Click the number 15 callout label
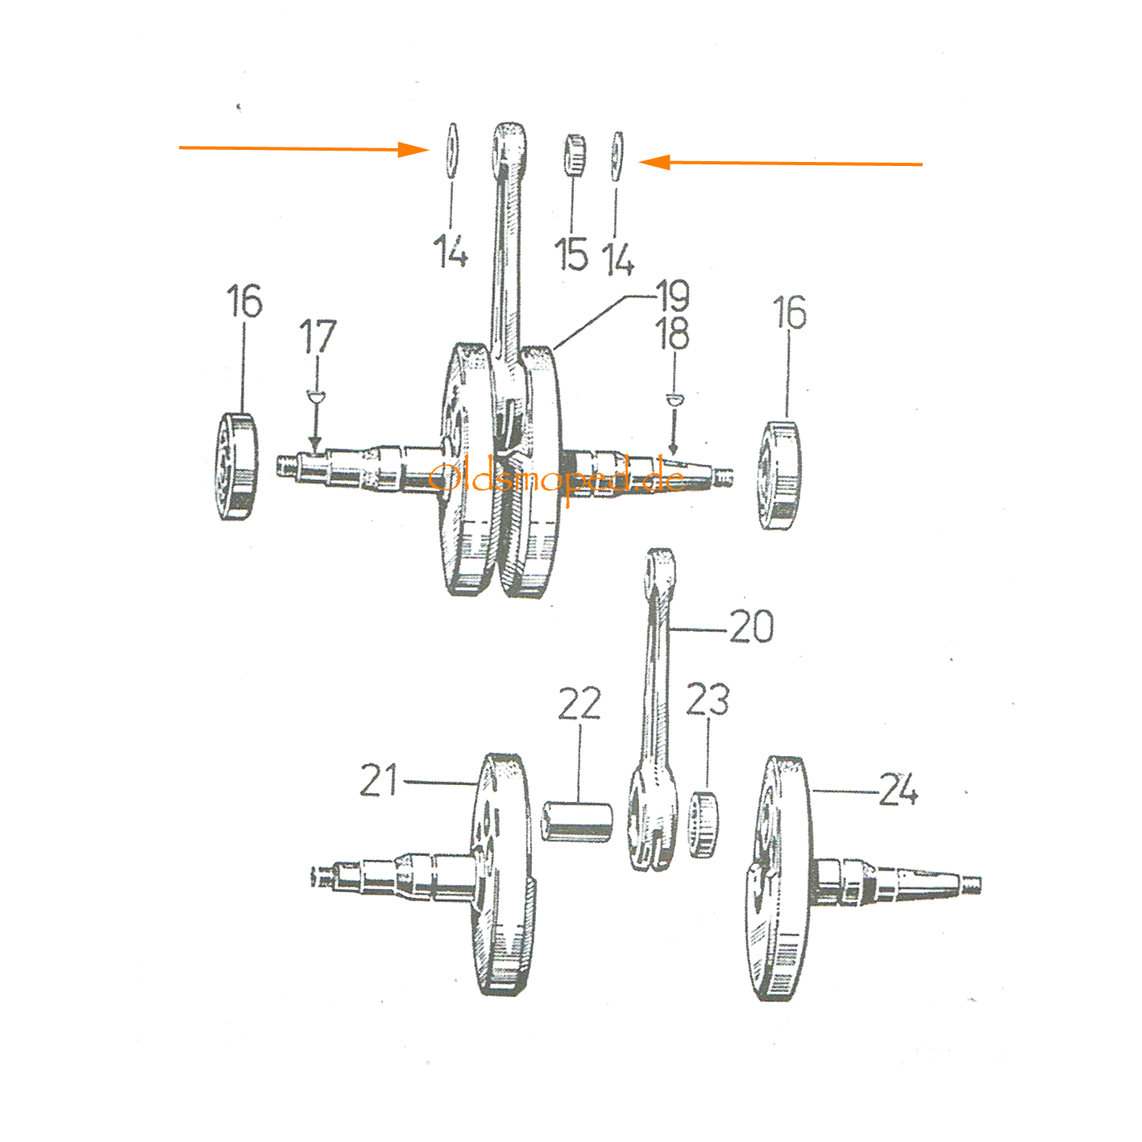point(571,254)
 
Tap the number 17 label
point(318,336)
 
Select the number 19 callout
point(672,295)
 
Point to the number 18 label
point(672,333)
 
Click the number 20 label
point(751,626)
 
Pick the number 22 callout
point(579,703)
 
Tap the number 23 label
point(708,700)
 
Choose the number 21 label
point(379,779)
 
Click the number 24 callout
point(899,789)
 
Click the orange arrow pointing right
point(304,149)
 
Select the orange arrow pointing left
point(780,162)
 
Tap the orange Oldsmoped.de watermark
point(557,479)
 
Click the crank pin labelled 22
point(577,820)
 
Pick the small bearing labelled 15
point(574,156)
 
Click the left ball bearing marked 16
point(236,467)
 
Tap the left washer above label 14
point(451,151)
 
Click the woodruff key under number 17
point(316,395)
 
